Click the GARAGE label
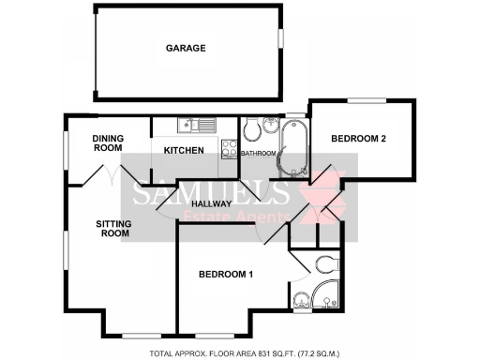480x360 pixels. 186,48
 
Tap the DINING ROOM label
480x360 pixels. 108,142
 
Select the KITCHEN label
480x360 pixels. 183,150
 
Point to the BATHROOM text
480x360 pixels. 258,153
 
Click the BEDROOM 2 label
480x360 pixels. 358,139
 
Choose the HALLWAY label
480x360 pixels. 211,203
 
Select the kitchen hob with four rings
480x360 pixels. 229,148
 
